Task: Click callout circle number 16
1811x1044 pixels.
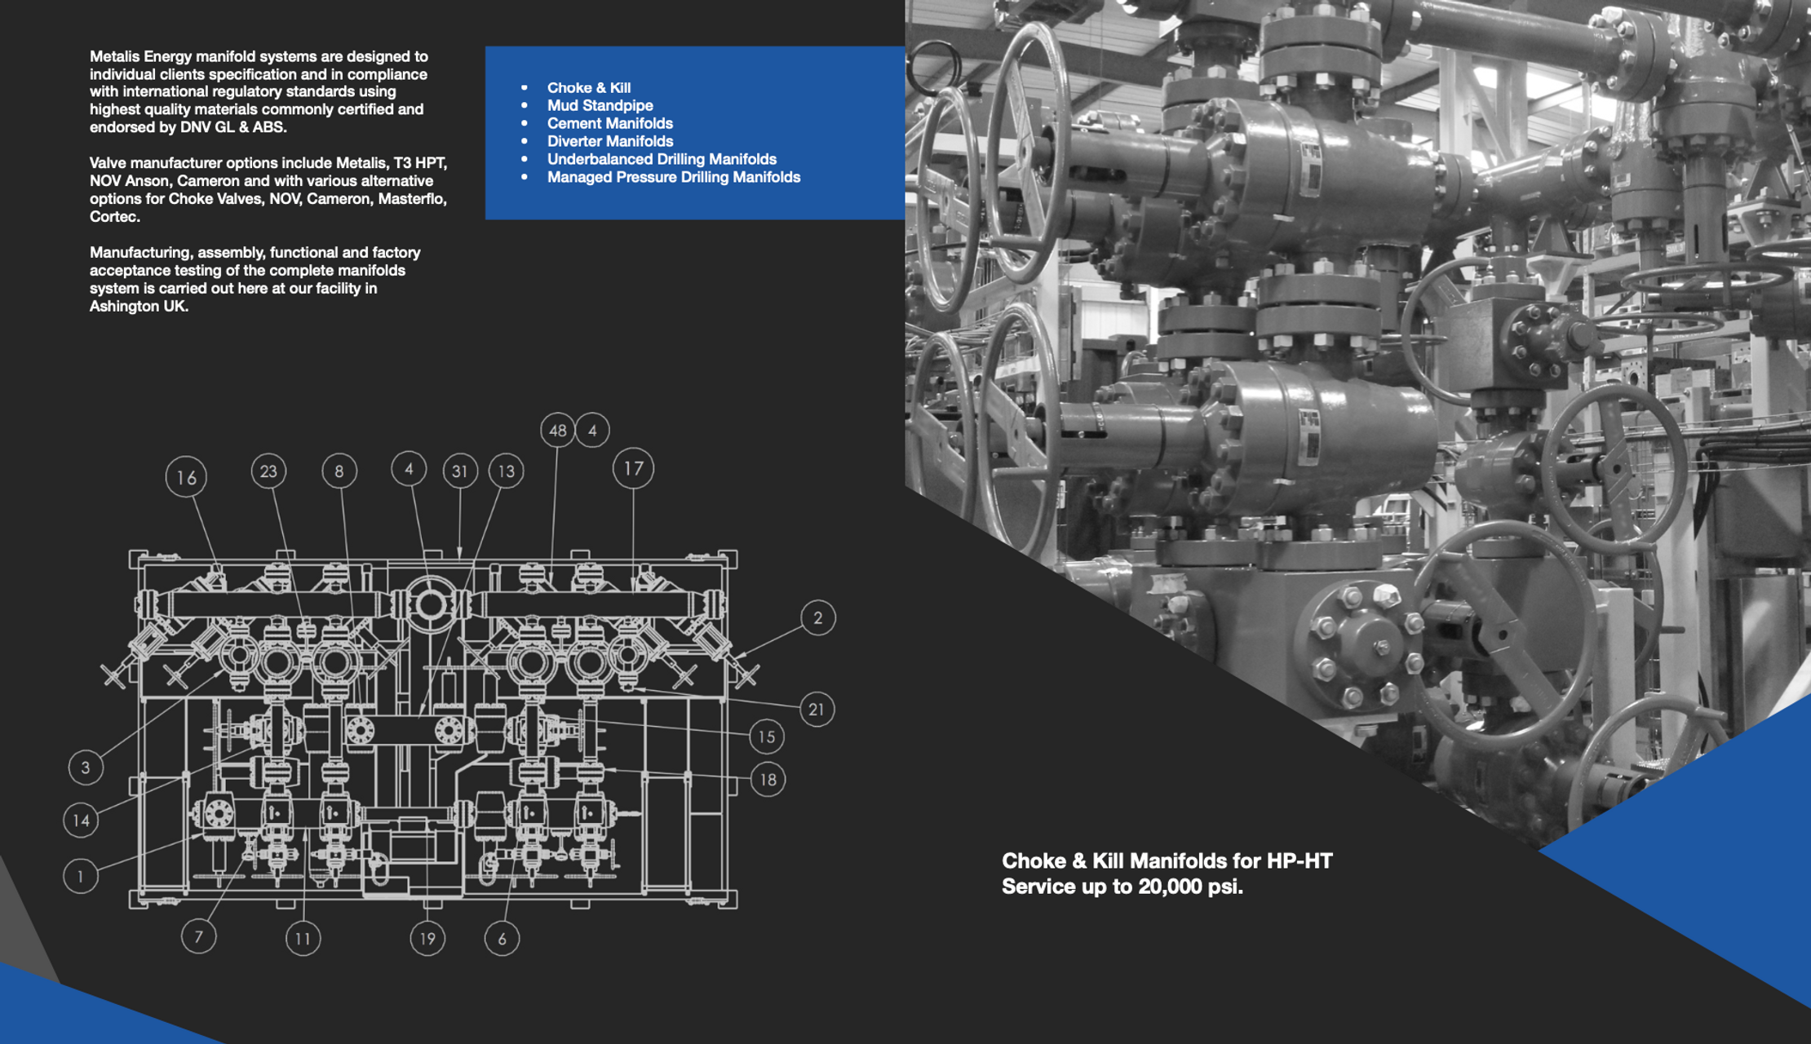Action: pyautogui.click(x=186, y=477)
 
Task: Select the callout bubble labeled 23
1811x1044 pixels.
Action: pyautogui.click(x=268, y=471)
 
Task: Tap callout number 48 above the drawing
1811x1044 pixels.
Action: pyautogui.click(x=557, y=430)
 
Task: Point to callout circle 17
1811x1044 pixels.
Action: pyautogui.click(x=633, y=468)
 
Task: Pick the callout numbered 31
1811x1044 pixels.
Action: pyautogui.click(x=460, y=471)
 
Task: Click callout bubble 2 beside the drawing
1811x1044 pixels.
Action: pyautogui.click(x=817, y=618)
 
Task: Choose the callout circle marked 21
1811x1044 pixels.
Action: pyautogui.click(x=817, y=709)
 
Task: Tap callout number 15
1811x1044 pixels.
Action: pyautogui.click(x=766, y=737)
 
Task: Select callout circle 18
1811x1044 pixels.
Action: pyautogui.click(x=768, y=780)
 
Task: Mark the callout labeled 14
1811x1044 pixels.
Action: pyautogui.click(x=81, y=820)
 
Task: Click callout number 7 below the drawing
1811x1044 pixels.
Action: pyautogui.click(x=198, y=936)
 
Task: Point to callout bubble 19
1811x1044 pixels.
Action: pyautogui.click(x=427, y=938)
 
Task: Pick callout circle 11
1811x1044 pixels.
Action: pyautogui.click(x=303, y=938)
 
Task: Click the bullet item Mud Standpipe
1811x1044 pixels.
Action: pyautogui.click(x=600, y=105)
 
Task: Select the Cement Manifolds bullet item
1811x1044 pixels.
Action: pyautogui.click(x=609, y=123)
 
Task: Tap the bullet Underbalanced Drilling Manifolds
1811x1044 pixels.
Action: pyautogui.click(x=662, y=159)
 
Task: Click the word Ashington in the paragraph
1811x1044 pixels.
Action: pyautogui.click(x=123, y=307)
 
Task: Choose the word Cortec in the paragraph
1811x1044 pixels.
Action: pyautogui.click(x=113, y=217)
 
